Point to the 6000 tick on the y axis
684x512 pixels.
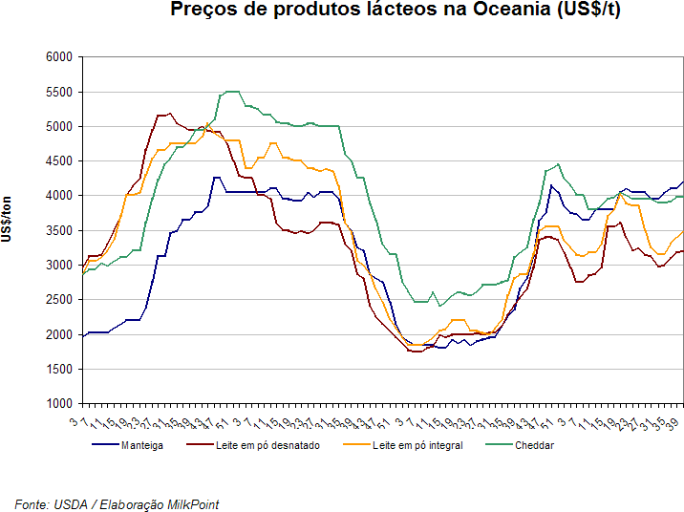pos(59,57)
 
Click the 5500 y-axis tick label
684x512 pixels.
pos(59,93)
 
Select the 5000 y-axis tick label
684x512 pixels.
pos(59,127)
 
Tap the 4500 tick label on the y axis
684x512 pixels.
pos(59,161)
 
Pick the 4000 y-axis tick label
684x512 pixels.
pos(59,196)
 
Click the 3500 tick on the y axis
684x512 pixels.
pos(59,231)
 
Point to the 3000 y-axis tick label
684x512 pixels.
pos(59,266)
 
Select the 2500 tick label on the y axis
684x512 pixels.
pos(59,300)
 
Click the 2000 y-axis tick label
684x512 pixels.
pos(59,334)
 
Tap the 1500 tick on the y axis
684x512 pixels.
pos(59,370)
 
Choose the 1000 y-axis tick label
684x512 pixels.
pos(59,404)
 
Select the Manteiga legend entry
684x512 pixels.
pos(141,445)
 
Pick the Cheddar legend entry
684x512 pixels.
pos(534,445)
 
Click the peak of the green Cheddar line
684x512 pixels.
pos(231,91)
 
